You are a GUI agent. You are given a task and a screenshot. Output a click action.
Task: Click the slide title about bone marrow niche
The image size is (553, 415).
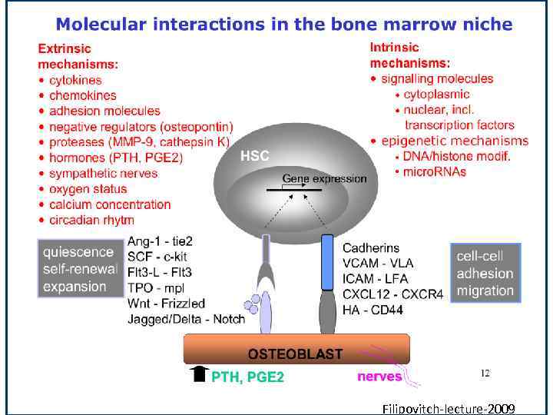pyautogui.click(x=283, y=24)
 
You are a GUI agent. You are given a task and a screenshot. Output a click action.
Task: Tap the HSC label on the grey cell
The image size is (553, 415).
pyautogui.click(x=255, y=156)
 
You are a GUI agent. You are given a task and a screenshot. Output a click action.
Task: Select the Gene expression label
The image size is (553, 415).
pyautogui.click(x=324, y=178)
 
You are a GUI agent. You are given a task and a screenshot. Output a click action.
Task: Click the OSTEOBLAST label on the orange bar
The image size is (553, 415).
pyautogui.click(x=295, y=354)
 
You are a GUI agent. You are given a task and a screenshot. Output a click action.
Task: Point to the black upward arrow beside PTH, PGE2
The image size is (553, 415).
pyautogui.click(x=199, y=374)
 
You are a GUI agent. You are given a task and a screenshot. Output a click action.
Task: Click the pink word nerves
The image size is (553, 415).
pyautogui.click(x=379, y=376)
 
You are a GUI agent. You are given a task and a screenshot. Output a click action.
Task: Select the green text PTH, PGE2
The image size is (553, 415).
pyautogui.click(x=247, y=377)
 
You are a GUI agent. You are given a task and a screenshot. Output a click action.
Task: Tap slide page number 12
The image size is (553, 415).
pyautogui.click(x=485, y=373)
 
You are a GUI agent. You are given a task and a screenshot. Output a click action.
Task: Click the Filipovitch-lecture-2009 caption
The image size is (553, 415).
pyautogui.click(x=448, y=408)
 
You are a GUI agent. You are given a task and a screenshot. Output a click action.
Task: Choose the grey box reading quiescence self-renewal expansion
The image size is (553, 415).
pyautogui.click(x=79, y=269)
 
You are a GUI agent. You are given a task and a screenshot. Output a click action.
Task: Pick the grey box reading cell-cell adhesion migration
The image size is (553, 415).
pyautogui.click(x=485, y=273)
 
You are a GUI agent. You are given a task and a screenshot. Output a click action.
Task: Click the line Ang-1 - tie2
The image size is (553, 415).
pyautogui.click(x=160, y=241)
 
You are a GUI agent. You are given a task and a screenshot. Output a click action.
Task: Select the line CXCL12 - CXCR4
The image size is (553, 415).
pyautogui.click(x=392, y=294)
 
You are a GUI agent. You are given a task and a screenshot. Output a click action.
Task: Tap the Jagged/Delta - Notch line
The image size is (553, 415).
pyautogui.click(x=186, y=318)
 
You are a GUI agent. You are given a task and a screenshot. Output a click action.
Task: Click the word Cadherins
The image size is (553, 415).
pyautogui.click(x=371, y=247)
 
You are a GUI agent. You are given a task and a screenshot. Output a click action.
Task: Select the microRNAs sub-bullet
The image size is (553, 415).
pyautogui.click(x=434, y=171)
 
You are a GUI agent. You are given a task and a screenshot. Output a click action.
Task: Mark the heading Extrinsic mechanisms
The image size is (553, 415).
pyautogui.click(x=78, y=56)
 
